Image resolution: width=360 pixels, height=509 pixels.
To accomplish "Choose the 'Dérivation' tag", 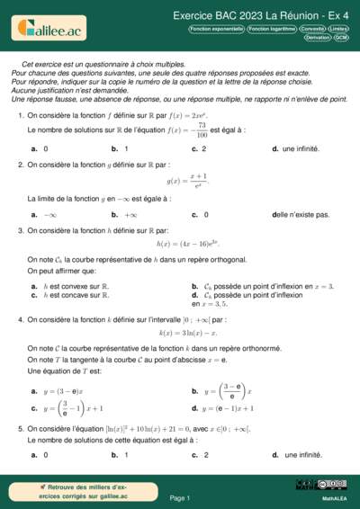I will [x=317, y=38].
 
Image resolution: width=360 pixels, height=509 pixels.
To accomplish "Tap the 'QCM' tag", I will [x=341, y=38].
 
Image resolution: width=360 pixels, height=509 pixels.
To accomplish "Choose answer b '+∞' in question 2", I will [x=130, y=215].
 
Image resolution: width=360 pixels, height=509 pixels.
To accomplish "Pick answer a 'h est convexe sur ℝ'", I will [x=76, y=286].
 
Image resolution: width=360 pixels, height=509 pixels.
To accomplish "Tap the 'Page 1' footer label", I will [x=180, y=497].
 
